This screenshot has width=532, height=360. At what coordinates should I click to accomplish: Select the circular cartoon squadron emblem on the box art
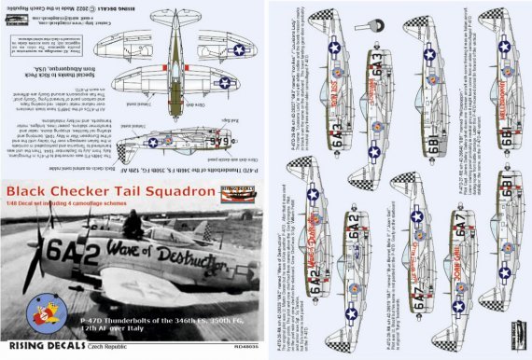tap(34, 313)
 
